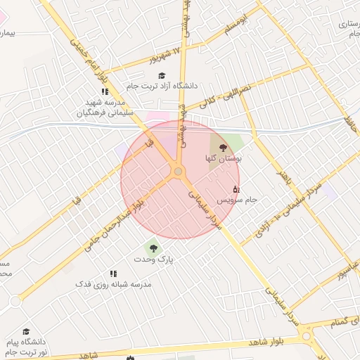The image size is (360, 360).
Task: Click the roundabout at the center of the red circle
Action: (x=179, y=172)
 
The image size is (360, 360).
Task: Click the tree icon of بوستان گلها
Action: (x=224, y=148)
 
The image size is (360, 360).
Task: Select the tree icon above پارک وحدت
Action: (x=150, y=247)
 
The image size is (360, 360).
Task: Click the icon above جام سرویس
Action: (x=236, y=188)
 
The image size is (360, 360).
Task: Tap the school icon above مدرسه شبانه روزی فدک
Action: (x=113, y=274)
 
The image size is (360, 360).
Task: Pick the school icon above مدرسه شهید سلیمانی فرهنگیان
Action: (x=105, y=91)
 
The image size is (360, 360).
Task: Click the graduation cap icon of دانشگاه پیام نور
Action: (x=26, y=332)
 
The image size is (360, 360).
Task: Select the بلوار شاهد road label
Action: (x=267, y=342)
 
